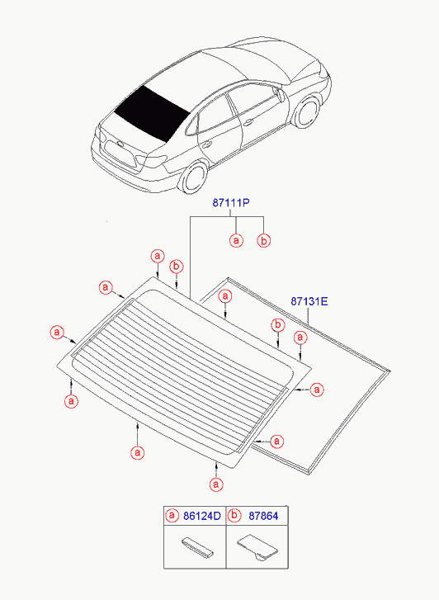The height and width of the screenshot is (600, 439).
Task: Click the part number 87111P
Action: [231, 202]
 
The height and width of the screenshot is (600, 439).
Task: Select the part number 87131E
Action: [309, 301]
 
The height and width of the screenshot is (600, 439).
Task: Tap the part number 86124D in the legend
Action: [202, 516]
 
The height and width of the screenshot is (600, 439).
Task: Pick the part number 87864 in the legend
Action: [263, 516]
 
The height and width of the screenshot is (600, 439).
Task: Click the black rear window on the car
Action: [152, 112]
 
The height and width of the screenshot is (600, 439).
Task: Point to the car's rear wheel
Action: [195, 177]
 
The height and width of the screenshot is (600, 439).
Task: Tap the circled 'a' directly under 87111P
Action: [236, 241]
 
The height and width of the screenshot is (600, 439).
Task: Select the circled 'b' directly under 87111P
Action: [264, 241]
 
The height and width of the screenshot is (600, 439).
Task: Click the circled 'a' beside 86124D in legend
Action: [172, 516]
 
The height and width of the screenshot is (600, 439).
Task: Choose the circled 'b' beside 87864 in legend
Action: [234, 516]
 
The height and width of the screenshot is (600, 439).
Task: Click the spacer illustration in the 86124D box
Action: [196, 546]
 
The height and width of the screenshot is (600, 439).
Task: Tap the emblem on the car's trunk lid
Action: [120, 144]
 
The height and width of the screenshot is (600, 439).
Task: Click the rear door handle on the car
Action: [206, 145]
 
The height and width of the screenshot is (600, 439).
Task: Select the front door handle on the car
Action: [248, 123]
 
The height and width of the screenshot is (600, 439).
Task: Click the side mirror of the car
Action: [281, 96]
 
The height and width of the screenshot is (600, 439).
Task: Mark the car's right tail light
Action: [152, 160]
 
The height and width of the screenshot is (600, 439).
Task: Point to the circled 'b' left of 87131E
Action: [278, 325]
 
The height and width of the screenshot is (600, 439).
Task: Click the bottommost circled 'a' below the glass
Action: [216, 484]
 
